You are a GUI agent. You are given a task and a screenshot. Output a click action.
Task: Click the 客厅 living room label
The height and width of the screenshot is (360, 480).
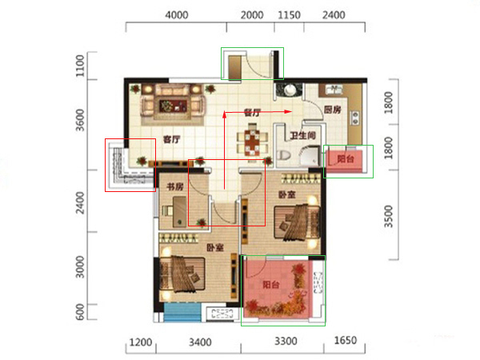point(172,139)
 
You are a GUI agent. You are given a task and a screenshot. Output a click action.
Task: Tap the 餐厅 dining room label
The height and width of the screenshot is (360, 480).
point(252,113)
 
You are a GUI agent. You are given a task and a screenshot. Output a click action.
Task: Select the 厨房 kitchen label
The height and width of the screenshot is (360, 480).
point(333,110)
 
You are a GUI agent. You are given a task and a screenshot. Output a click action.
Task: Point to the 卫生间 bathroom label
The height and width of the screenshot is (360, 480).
point(302,135)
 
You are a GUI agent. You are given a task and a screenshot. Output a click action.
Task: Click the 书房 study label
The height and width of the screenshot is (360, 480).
point(174,186)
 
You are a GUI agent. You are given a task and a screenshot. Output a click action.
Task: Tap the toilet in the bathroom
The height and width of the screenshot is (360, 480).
point(283,155)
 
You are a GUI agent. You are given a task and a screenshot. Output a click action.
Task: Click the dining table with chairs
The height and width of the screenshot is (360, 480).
point(252,143)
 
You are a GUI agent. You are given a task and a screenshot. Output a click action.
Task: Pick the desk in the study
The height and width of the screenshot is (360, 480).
point(179,211)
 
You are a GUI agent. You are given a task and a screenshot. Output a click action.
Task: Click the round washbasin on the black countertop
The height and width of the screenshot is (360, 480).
point(289,90)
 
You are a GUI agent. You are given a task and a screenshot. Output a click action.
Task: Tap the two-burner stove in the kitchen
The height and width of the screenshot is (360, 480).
point(355,118)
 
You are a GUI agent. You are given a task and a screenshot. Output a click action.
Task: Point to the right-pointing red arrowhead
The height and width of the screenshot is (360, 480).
point(288,112)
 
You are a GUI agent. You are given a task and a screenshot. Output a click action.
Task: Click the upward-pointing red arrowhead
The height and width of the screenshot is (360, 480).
point(224,114)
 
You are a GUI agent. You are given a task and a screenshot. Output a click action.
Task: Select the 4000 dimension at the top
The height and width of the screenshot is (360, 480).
point(177,15)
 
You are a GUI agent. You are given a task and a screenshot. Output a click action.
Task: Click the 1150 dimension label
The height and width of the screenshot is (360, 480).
point(289,15)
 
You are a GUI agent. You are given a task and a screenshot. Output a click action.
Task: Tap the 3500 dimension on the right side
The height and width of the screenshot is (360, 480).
point(388,217)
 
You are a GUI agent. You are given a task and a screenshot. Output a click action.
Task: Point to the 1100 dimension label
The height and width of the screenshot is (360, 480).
point(80,66)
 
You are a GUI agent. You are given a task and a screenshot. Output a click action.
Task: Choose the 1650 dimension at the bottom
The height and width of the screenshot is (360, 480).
point(346,341)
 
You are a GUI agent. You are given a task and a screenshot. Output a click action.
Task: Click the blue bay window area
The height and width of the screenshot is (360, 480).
point(182,312)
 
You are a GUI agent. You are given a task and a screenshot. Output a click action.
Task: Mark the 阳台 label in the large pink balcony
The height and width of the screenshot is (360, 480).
point(271,285)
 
